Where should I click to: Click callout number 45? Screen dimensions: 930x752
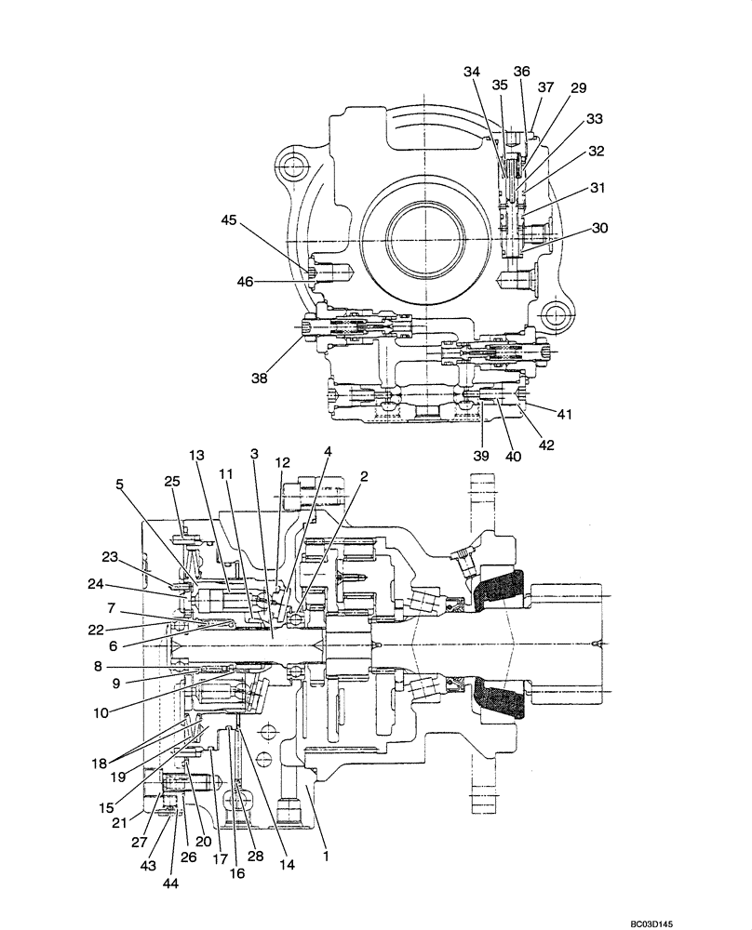229,220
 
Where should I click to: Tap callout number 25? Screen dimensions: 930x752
172,481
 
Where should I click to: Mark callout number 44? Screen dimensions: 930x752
171,883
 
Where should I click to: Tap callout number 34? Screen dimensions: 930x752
473,72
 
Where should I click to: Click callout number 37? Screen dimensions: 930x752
545,87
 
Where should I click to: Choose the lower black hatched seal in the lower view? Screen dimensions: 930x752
498,699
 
